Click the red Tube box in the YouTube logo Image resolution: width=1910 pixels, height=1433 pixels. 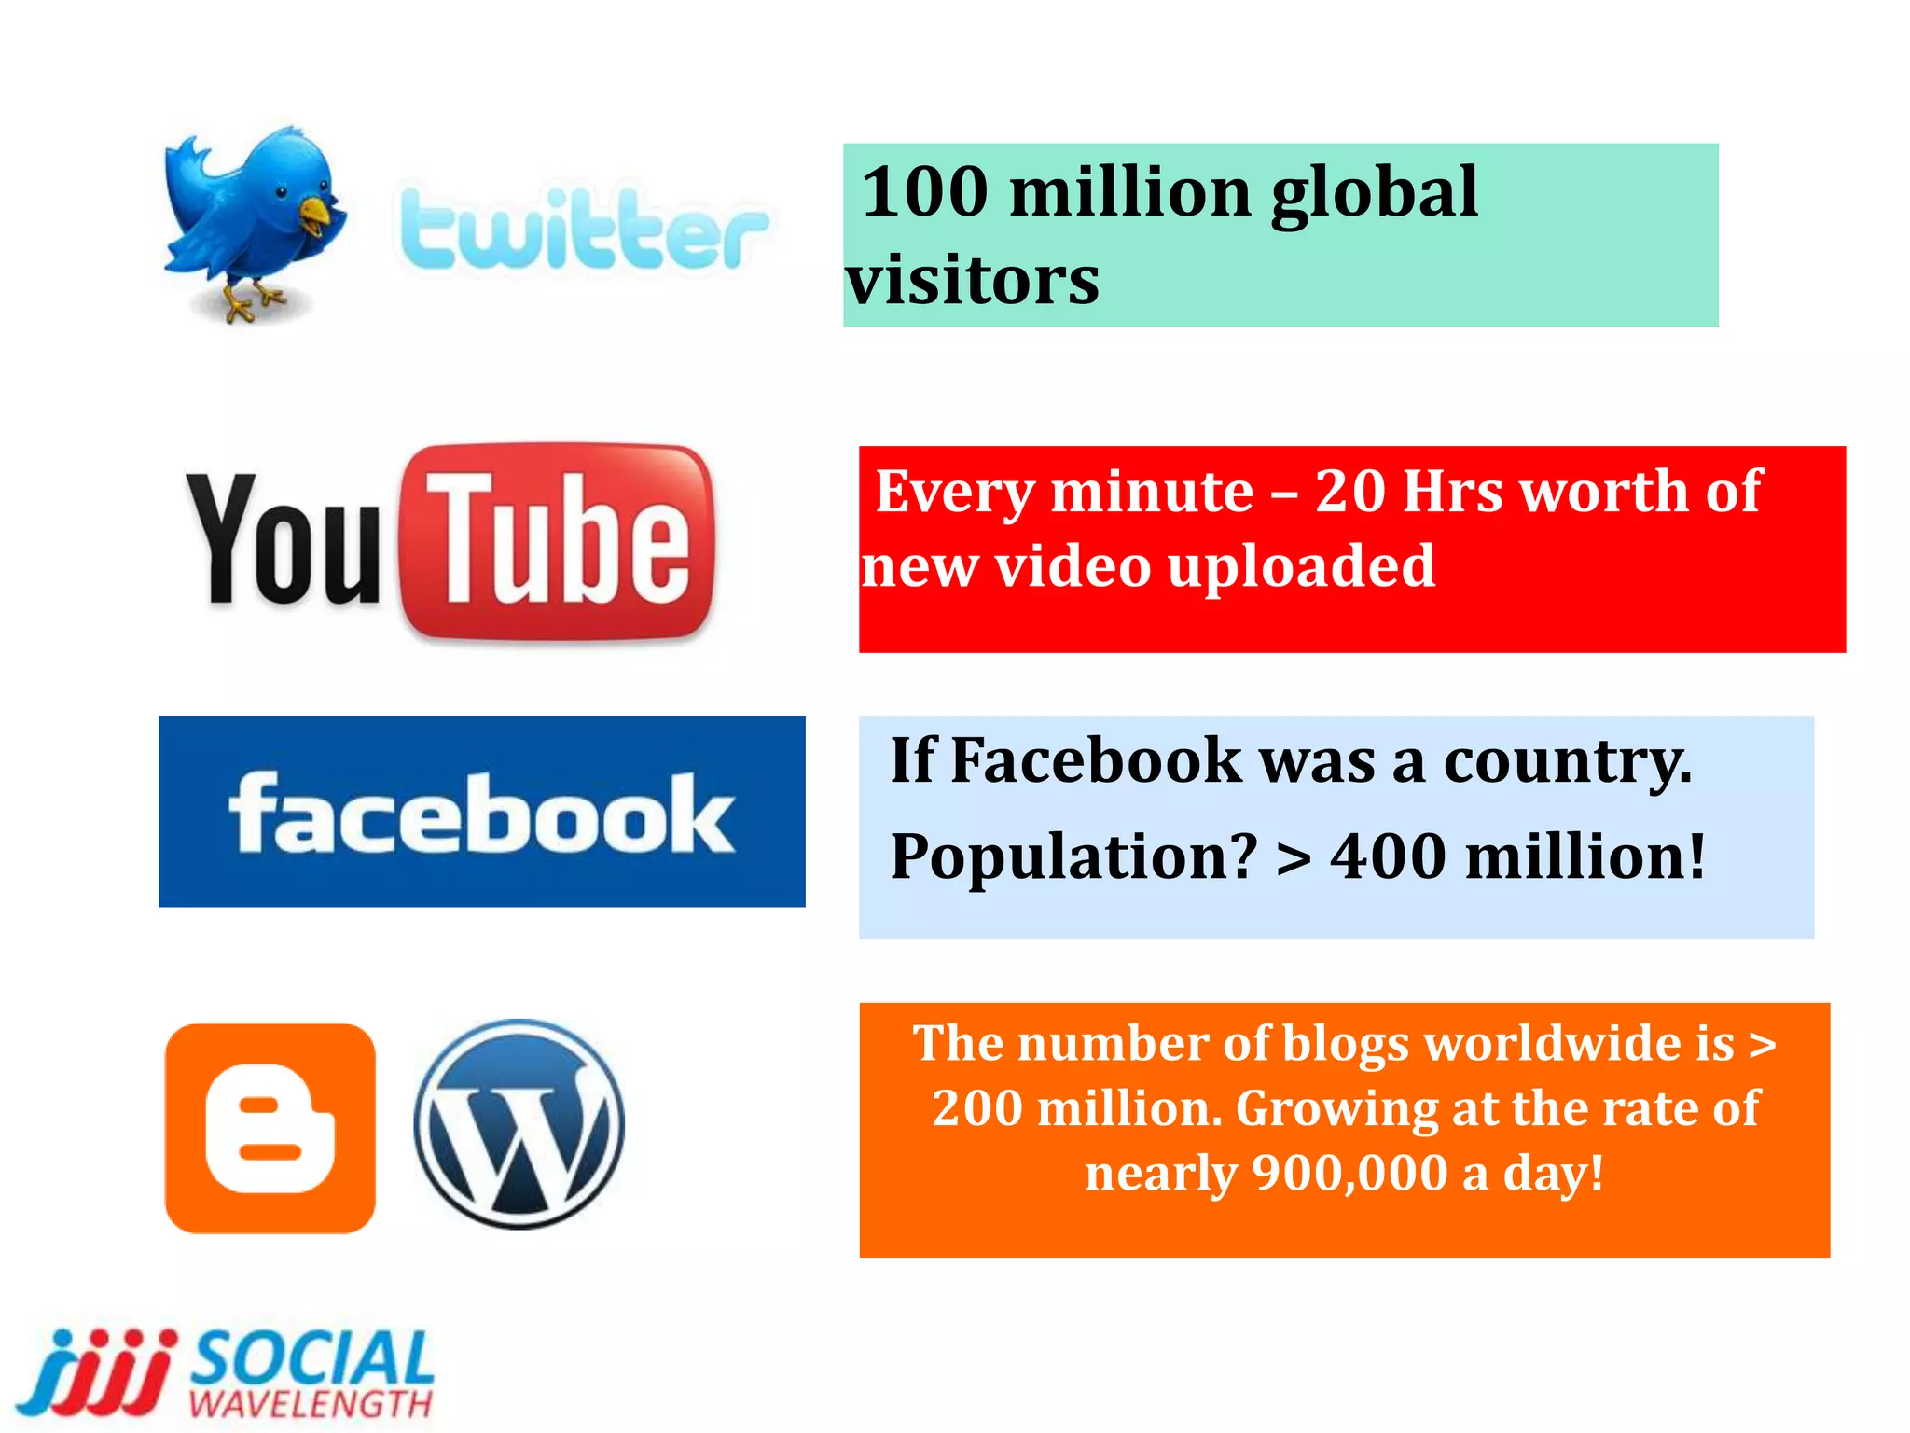[x=558, y=541]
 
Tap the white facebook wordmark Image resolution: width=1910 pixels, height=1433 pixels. [x=481, y=814]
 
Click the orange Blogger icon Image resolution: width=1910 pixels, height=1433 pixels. [x=270, y=1129]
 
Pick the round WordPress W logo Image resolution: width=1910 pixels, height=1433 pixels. [x=519, y=1124]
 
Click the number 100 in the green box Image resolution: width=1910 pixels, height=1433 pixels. [x=924, y=192]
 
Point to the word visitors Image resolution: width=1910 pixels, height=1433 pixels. [x=973, y=280]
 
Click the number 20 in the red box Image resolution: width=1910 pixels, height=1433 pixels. [x=1349, y=492]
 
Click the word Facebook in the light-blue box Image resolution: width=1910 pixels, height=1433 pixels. [x=1096, y=760]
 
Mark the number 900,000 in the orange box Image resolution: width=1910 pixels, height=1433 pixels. [x=1349, y=1173]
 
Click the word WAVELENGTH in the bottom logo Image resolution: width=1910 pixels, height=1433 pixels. [x=311, y=1404]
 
